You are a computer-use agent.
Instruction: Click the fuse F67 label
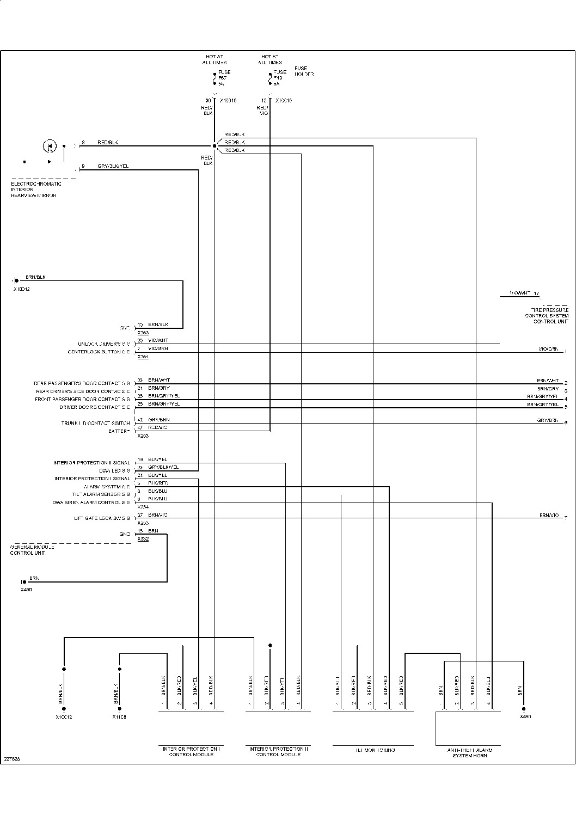223,78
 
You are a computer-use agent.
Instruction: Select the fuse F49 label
279,78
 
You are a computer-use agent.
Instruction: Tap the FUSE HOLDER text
304,71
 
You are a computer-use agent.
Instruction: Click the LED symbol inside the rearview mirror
49,146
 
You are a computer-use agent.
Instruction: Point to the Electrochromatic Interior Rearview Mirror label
36,189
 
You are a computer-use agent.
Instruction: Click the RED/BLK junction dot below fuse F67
215,146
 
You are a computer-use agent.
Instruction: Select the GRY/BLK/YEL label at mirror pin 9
113,166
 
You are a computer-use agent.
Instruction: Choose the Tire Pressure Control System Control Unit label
547,316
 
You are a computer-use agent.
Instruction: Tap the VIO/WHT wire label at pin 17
520,293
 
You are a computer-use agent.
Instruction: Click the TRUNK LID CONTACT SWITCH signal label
95,423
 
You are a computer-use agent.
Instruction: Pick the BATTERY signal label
119,431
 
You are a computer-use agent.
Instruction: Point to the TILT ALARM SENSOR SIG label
101,494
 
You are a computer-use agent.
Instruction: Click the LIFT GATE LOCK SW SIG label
102,518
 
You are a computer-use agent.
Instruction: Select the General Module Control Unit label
32,550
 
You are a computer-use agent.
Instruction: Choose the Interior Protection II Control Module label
278,752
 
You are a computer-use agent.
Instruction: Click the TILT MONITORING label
375,750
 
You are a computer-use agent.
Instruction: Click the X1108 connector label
119,717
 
